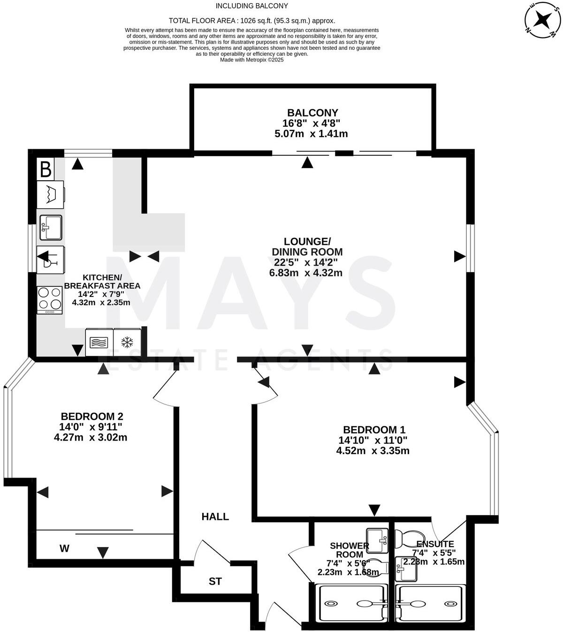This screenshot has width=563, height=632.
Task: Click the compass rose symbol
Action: pyautogui.click(x=542, y=19)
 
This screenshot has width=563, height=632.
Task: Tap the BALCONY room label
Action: pyautogui.click(x=312, y=113)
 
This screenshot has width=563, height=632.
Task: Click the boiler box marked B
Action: pyautogui.click(x=46, y=169)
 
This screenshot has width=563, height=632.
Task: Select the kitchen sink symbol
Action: pyautogui.click(x=51, y=227)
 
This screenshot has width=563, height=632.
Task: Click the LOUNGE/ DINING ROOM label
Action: pyautogui.click(x=307, y=246)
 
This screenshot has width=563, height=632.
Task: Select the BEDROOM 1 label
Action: pyautogui.click(x=374, y=429)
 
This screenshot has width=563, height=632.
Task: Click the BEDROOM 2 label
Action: pyautogui.click(x=92, y=416)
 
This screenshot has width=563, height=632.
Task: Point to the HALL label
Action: pyautogui.click(x=215, y=517)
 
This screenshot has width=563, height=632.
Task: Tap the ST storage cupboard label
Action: pyautogui.click(x=215, y=581)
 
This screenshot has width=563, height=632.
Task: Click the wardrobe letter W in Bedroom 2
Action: pyautogui.click(x=65, y=548)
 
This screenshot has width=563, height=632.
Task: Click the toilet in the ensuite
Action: pyautogui.click(x=408, y=537)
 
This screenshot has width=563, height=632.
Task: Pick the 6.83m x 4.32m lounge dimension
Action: pyautogui.click(x=305, y=273)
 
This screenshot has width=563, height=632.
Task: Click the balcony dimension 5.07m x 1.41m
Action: pyautogui.click(x=311, y=134)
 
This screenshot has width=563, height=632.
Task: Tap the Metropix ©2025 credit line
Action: pyautogui.click(x=252, y=60)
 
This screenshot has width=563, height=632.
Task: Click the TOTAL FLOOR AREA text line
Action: pyautogui.click(x=252, y=21)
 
